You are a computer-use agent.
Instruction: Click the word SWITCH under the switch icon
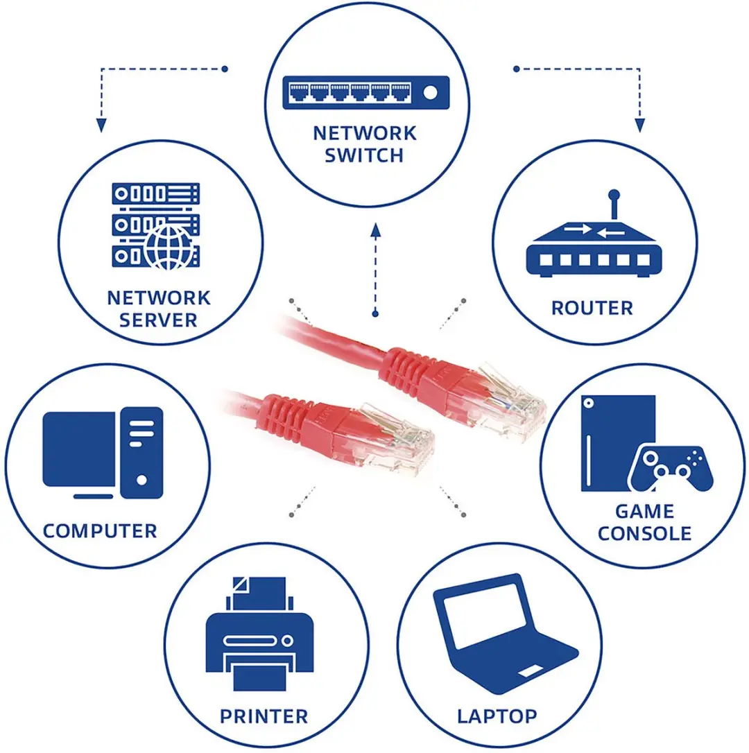pos(363,155)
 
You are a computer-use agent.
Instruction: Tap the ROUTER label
pos(592,309)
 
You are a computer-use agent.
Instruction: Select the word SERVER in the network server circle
pos(158,320)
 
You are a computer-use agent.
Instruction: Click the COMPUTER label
pos(100,531)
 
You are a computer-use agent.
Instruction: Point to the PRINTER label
pos(264,716)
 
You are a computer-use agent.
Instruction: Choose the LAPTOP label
pos(497,716)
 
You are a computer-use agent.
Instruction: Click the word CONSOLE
pos(644,533)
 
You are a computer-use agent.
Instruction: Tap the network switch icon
pos(366,92)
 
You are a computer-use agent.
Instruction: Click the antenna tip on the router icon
pos(614,195)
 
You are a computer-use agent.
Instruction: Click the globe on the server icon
pos(169,248)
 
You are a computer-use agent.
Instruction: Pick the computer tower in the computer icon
pos(141,452)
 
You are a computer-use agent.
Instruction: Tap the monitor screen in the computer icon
pos(79,449)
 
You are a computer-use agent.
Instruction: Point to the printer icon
pos(259,634)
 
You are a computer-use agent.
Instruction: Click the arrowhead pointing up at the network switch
pos(376,230)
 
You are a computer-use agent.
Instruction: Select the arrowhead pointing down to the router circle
pos(639,125)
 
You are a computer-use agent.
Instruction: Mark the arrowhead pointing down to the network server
pos(101,125)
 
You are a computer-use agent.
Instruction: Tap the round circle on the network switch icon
pos(431,92)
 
